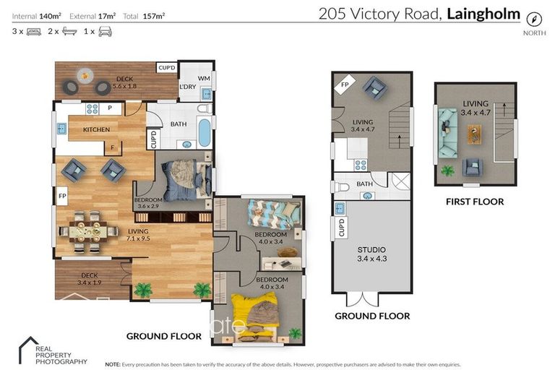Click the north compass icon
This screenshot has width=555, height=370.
coord(534,19)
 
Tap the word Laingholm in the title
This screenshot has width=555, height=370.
coord(484,13)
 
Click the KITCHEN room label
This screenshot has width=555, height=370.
coord(96,130)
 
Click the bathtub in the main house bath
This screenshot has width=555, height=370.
coord(204,134)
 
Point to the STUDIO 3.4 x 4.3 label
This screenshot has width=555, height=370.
coord(371,254)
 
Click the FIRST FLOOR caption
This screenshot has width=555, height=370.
coord(475,202)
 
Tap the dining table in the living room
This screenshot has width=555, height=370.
coord(92,231)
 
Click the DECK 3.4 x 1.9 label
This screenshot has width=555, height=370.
coord(91,278)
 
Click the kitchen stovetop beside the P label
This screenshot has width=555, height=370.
coord(92,109)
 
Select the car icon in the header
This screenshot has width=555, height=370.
coord(105,32)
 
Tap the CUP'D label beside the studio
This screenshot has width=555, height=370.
coord(341,228)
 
